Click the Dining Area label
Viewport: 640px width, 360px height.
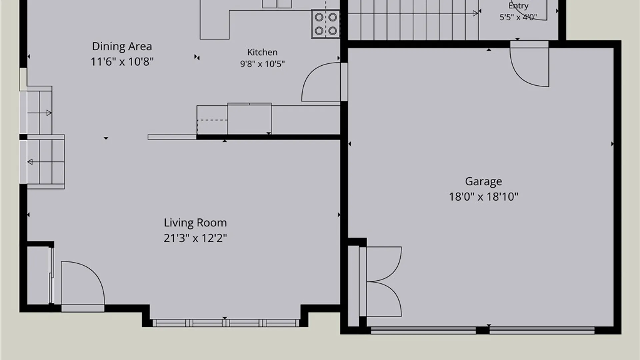(x=122, y=46)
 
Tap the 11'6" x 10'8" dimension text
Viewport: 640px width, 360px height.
(x=122, y=62)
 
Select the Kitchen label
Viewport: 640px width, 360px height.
(x=262, y=52)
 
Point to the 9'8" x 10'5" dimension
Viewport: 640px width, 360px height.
(x=262, y=64)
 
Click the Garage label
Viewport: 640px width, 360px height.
(x=483, y=182)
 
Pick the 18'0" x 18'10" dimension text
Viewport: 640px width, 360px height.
(x=483, y=197)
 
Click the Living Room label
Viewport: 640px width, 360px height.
(x=195, y=223)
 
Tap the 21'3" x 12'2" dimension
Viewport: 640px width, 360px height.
(x=195, y=238)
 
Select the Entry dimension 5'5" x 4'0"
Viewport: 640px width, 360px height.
(x=518, y=17)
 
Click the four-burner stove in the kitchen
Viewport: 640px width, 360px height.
(x=326, y=24)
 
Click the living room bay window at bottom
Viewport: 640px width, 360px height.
(x=226, y=323)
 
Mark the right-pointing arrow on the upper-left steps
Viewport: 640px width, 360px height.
(x=40, y=113)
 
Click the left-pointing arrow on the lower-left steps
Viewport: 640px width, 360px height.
(x=46, y=162)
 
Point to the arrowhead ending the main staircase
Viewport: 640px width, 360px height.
(x=476, y=14)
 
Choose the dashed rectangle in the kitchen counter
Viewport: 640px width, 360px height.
(x=212, y=127)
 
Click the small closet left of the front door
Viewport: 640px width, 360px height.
(x=38, y=275)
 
